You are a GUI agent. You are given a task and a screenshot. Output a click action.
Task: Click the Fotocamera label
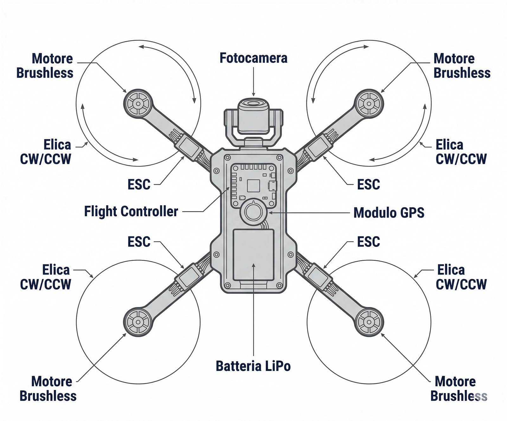click(x=253, y=58)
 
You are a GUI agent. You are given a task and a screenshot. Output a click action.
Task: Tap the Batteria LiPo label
click(x=253, y=366)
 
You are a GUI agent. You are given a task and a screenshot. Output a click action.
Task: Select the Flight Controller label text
click(x=131, y=211)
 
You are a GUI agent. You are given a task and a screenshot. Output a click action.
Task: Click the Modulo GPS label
click(x=389, y=213)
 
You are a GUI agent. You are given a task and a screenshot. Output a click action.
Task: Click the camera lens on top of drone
click(x=253, y=104)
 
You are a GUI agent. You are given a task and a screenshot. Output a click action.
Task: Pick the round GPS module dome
click(x=253, y=212)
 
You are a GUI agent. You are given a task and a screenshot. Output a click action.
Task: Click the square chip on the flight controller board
click(x=253, y=186)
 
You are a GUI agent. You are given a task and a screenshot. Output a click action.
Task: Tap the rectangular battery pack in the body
click(x=253, y=255)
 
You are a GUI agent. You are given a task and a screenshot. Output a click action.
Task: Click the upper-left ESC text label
click(x=139, y=185)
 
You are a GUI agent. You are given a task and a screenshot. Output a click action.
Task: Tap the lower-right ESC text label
click(x=368, y=242)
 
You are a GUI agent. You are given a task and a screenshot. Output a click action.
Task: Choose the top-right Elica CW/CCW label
click(x=461, y=152)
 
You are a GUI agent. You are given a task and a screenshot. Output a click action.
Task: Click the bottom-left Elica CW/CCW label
click(x=46, y=277)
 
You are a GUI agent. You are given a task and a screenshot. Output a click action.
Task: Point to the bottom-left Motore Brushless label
click(x=48, y=389)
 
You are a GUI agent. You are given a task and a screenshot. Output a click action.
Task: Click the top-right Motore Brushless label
click(x=462, y=66)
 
